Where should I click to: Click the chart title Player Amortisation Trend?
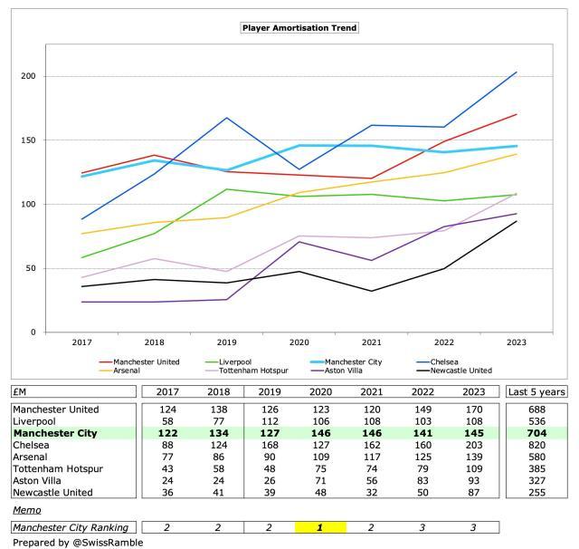pyautogui.click(x=299, y=27)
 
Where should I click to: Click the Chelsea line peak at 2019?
pyautogui.click(x=227, y=118)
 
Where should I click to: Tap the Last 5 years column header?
pyautogui.click(x=536, y=391)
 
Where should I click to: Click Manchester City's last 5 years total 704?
pyautogui.click(x=536, y=433)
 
